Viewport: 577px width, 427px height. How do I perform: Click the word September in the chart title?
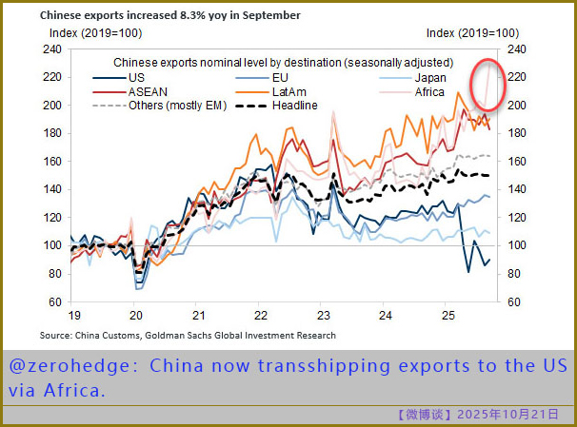point(271,16)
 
